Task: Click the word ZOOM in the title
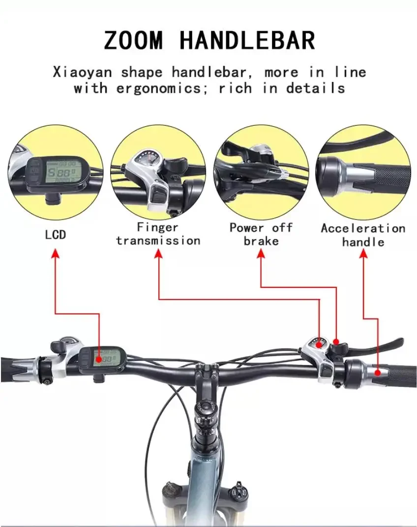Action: pos(133,40)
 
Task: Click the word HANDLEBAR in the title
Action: pos(248,40)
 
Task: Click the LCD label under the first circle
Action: pos(56,235)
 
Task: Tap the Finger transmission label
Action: pos(158,234)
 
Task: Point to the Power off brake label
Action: pos(261,234)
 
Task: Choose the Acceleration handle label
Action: pos(363,235)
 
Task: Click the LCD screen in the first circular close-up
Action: pos(61,172)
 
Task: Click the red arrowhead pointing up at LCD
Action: pos(56,253)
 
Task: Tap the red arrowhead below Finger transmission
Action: pos(158,253)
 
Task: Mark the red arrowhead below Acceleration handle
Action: pos(363,253)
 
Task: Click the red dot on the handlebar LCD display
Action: pos(99,360)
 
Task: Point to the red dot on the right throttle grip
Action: pos(378,372)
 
